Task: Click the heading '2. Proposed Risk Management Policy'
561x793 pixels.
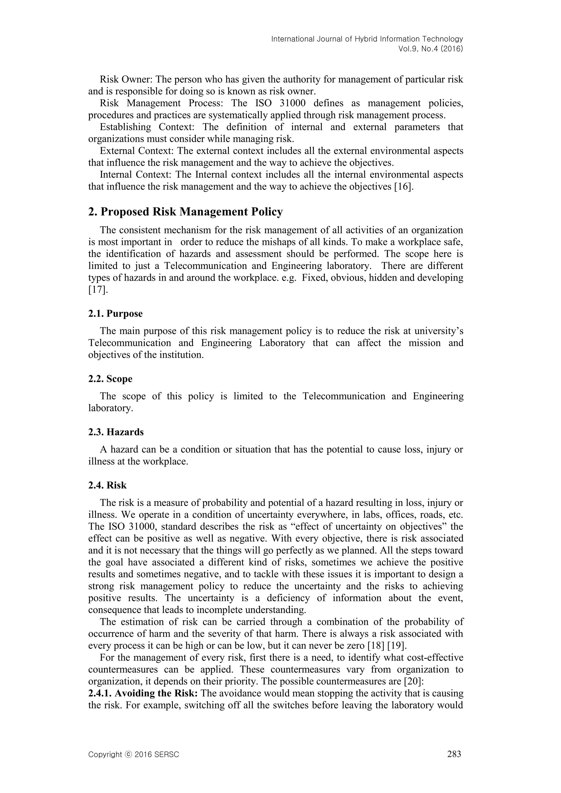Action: [x=185, y=212]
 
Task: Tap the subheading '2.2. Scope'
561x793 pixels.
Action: [x=110, y=379]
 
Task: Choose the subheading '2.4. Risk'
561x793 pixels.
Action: [x=107, y=485]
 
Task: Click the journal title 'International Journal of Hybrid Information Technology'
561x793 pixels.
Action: [x=367, y=39]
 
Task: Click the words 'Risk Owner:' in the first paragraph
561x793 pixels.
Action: [x=127, y=80]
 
